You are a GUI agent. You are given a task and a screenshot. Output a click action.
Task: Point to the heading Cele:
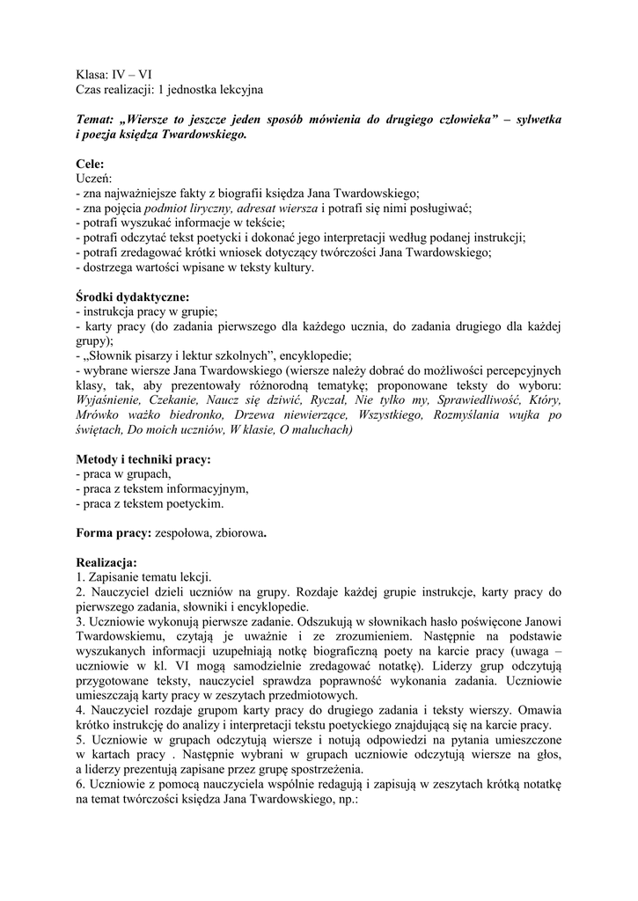[90, 164]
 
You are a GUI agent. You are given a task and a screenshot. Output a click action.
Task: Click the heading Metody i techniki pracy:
[143, 459]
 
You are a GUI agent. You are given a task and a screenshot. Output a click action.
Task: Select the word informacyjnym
[203, 489]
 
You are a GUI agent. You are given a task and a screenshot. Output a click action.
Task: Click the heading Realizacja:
[106, 562]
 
